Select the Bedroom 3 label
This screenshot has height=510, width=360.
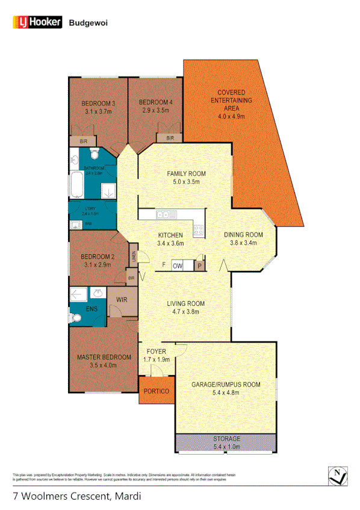(x=99, y=103)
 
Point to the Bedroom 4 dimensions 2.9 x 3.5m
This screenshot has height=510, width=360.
(x=155, y=111)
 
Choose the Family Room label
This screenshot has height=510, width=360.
(x=187, y=173)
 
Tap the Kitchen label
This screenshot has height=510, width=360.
(x=170, y=235)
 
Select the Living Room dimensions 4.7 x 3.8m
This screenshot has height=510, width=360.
(x=186, y=312)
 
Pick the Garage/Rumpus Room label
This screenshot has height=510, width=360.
(x=226, y=384)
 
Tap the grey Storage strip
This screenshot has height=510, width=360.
(x=226, y=442)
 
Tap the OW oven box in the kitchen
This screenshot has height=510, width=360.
(x=178, y=266)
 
